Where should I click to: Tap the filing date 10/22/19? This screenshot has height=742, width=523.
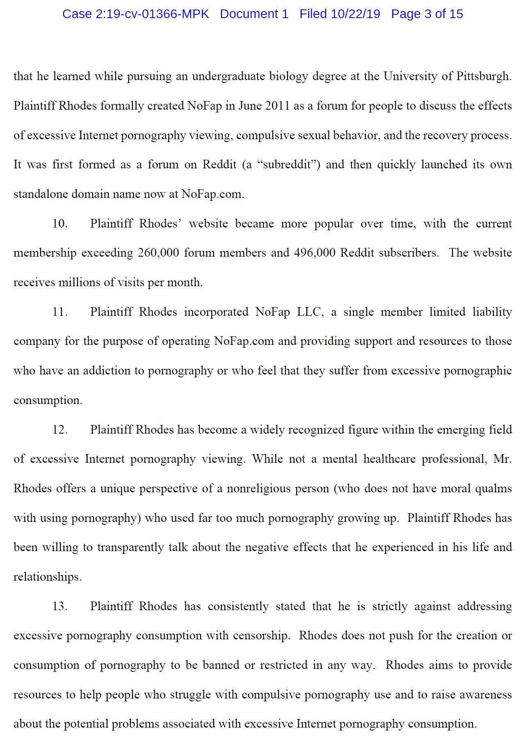click(356, 14)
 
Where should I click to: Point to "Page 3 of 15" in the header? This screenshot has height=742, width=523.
click(427, 14)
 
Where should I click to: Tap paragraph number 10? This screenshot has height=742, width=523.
click(60, 224)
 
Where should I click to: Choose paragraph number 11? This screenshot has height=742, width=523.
click(60, 312)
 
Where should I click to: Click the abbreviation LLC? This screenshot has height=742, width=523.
click(310, 312)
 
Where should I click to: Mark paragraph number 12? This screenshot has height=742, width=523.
click(60, 430)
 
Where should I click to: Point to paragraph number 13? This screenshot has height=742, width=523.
click(60, 606)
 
